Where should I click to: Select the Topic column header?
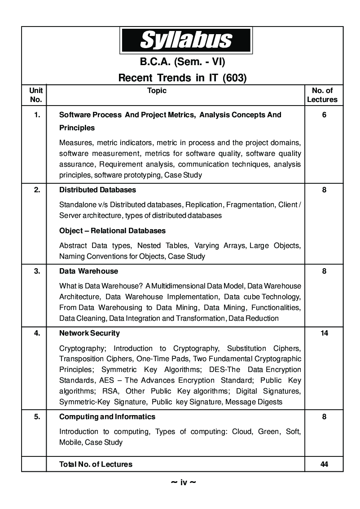157,91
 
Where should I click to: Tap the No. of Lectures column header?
322,95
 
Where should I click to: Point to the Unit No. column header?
36,95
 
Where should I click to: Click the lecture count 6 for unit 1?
324,115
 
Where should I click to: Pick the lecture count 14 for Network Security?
324,333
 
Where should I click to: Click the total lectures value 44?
324,464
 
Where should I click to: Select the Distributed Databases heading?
97,190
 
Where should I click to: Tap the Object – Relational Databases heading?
112,231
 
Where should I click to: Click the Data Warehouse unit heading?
88,271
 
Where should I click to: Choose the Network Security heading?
89,333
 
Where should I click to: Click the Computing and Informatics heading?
107,417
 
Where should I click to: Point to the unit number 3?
37,271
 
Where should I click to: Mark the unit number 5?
37,417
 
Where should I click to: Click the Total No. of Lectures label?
96,465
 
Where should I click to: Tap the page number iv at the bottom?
184,483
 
